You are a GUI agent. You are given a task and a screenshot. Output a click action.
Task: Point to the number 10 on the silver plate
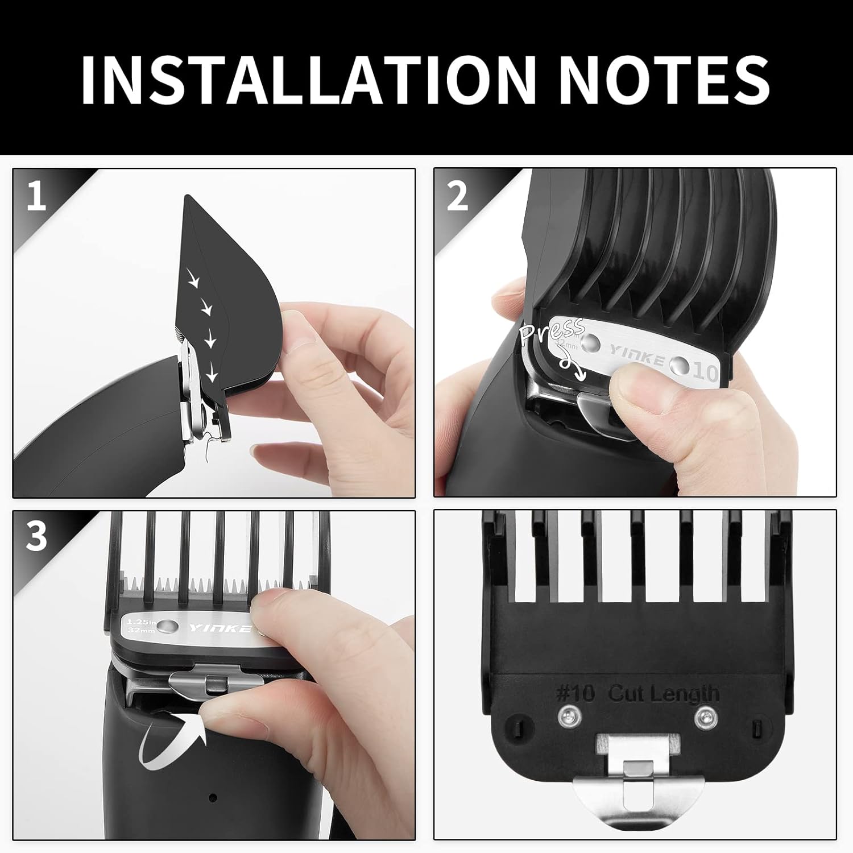(x=706, y=372)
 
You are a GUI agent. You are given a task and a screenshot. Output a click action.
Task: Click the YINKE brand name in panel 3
(x=219, y=628)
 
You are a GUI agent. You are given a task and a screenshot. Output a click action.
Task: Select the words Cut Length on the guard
(x=663, y=694)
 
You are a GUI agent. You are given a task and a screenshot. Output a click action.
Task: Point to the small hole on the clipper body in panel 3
(x=213, y=797)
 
